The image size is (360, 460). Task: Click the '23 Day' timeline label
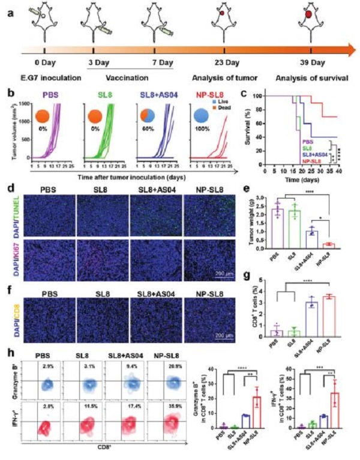click(x=224, y=63)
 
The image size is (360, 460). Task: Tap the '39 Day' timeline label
click(x=312, y=63)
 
